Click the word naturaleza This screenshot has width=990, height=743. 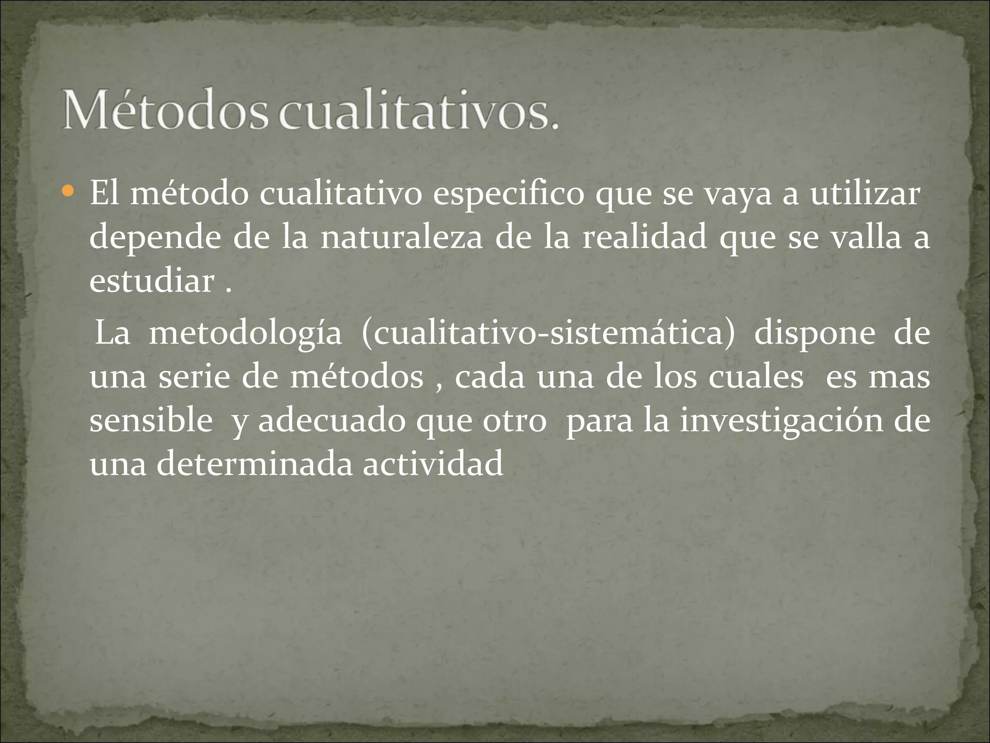coord(401,238)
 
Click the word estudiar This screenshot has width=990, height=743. coord(152,281)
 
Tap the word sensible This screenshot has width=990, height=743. coord(151,420)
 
